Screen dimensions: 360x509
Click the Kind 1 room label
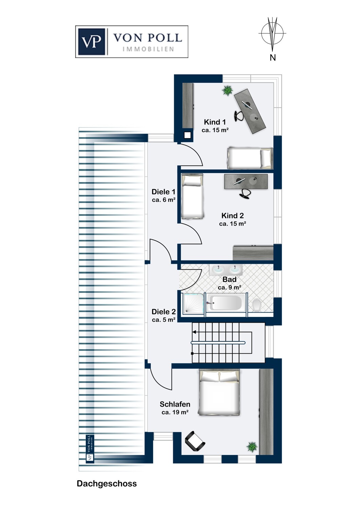(x=215, y=122)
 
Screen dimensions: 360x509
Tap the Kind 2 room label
(x=232, y=215)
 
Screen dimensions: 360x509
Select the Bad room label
(x=230, y=279)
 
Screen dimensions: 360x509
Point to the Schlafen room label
(x=175, y=404)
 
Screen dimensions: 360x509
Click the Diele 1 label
(x=163, y=192)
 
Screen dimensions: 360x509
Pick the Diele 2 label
(x=163, y=312)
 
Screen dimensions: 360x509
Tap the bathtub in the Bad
(x=225, y=302)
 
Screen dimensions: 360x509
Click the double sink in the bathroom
(x=226, y=270)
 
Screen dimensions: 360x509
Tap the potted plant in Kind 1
(x=228, y=91)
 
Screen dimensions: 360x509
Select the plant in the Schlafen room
(x=252, y=447)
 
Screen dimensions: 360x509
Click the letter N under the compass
(x=272, y=58)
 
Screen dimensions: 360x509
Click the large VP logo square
(x=91, y=42)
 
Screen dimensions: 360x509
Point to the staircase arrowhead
(x=194, y=332)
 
